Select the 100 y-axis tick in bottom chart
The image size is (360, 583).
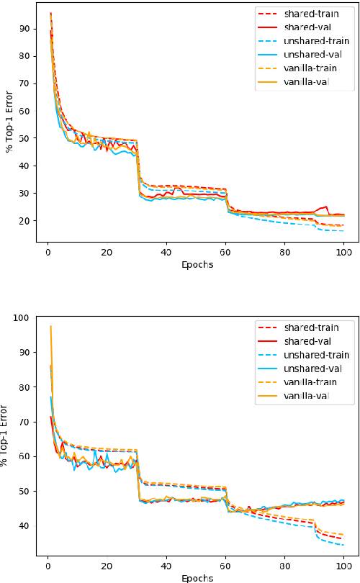click(22, 318)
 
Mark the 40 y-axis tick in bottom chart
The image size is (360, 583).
click(24, 526)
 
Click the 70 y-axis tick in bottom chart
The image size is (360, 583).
click(24, 422)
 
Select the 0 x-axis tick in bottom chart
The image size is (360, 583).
click(48, 566)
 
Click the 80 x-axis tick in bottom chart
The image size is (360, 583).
click(284, 566)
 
